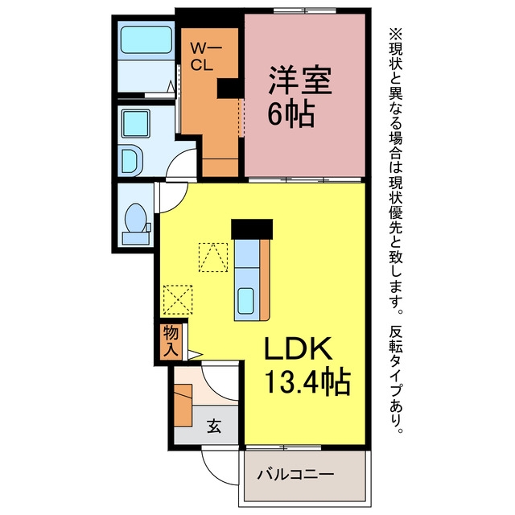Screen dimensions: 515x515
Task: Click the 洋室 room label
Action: point(300,80)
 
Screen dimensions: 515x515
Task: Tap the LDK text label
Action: point(298,348)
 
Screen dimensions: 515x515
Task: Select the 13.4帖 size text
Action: point(307,382)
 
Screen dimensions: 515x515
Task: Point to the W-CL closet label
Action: point(206,57)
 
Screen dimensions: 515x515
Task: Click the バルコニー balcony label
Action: point(295,474)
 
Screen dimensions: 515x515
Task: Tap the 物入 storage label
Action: point(171,341)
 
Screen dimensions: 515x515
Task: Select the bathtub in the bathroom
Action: point(146,39)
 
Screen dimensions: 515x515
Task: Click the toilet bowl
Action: point(136,217)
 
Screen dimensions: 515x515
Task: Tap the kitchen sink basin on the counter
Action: point(245,300)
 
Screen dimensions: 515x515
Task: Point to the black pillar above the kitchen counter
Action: point(252,229)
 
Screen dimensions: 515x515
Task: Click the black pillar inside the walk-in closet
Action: point(229,89)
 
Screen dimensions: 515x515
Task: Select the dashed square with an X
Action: point(178,300)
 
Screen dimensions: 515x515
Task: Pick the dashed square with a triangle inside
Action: point(213,257)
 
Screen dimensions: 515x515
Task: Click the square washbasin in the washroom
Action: point(136,124)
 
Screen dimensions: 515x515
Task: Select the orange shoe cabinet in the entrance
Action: point(183,406)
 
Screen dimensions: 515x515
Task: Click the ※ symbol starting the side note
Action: point(396,34)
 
